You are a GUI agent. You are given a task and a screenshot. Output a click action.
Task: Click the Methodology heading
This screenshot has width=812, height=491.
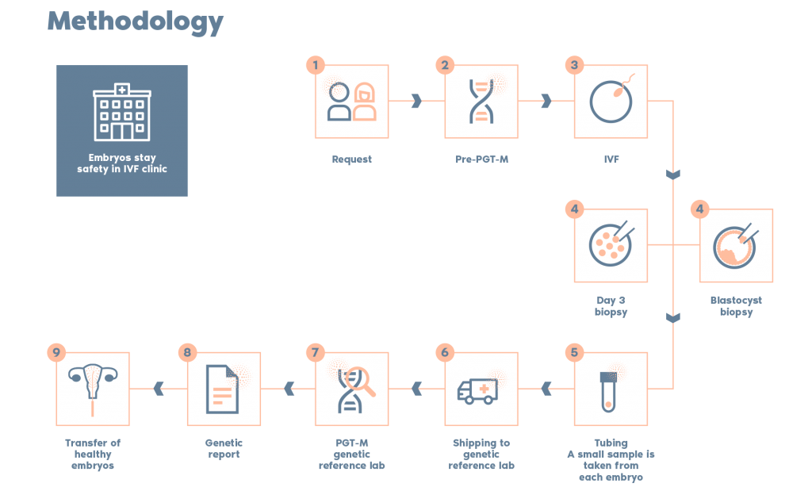coord(136,21)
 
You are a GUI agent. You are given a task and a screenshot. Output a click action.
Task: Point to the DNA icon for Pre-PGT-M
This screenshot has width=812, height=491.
coord(481,102)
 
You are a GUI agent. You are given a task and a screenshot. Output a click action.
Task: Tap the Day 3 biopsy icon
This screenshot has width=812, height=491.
coord(611,245)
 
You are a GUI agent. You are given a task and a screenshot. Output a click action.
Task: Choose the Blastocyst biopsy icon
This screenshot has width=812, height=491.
coord(736,245)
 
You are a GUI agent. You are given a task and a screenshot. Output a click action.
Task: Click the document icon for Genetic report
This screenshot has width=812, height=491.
coord(223,389)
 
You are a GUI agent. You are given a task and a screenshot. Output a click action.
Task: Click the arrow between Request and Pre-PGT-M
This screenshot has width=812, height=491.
coord(416,101)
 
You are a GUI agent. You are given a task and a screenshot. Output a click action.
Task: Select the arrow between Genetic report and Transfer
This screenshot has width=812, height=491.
coord(159,389)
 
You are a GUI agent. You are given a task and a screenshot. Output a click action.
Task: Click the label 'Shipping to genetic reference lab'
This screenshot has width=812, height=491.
coord(481,454)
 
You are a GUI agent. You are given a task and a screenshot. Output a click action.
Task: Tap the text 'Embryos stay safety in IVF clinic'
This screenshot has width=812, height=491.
coord(121,163)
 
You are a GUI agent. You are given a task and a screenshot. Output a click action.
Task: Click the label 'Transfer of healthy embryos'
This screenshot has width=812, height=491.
coord(93,454)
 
